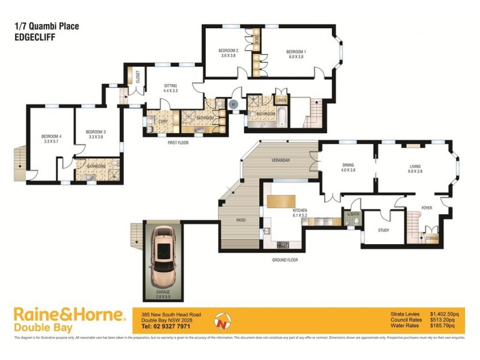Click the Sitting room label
click(x=170, y=86)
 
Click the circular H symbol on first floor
click(x=234, y=104)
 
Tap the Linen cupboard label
click(x=282, y=101)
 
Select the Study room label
click(x=384, y=230)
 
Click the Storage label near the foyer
click(x=432, y=239)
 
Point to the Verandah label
click(x=281, y=160)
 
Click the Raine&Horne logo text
click(x=69, y=315)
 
